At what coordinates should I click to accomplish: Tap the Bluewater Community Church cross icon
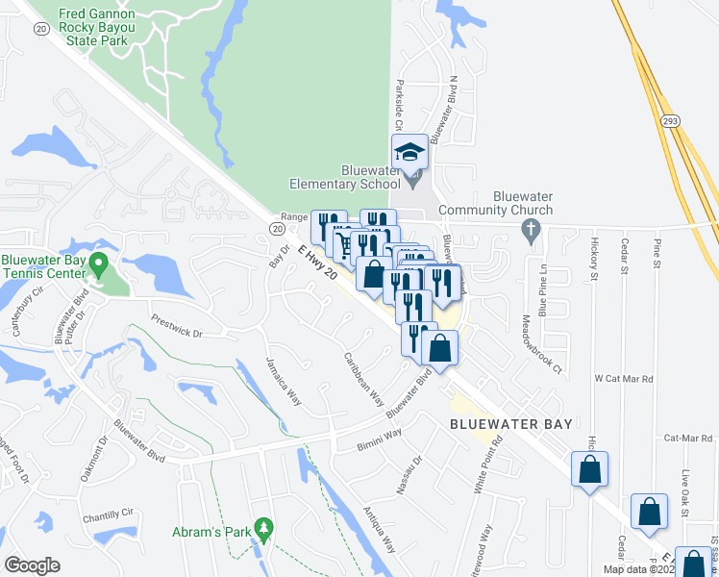coord(528,230)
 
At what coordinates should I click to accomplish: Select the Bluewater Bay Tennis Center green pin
coord(97,263)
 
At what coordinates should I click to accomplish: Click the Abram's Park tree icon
coord(266,528)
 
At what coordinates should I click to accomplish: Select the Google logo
coord(33,565)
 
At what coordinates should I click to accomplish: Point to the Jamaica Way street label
coord(284,383)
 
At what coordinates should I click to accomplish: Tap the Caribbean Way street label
coord(364,377)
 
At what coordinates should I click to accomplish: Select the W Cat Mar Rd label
coord(624,379)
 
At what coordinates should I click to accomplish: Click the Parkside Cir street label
coord(401,101)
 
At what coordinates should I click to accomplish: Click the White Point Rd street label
coord(487,466)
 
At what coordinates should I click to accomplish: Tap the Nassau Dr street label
coord(410,472)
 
